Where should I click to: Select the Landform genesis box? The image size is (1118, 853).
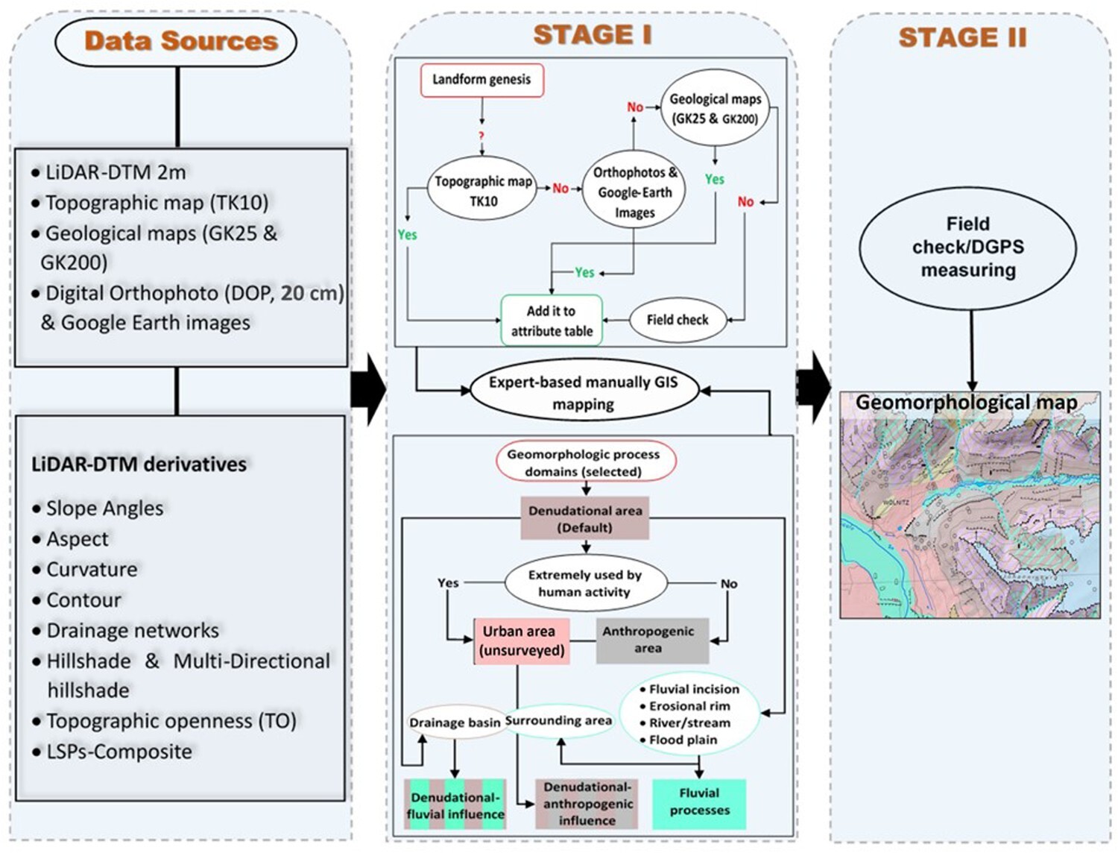click(481, 80)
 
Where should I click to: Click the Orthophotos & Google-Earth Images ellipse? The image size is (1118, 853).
click(634, 192)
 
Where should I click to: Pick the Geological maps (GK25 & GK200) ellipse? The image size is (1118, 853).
click(715, 109)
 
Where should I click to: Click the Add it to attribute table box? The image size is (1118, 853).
click(552, 321)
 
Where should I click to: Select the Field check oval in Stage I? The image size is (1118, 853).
click(677, 320)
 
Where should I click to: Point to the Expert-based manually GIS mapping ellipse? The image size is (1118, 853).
click(584, 392)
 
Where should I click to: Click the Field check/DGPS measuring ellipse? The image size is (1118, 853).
click(967, 248)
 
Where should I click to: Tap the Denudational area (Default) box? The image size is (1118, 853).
click(585, 519)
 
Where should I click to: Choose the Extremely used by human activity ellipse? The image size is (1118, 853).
click(585, 583)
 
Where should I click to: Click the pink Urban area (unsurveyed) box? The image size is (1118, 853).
click(522, 640)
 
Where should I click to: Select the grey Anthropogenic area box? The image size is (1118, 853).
click(648, 640)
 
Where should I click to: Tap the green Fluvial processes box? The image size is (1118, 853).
click(699, 802)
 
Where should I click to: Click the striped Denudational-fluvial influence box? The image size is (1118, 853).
click(455, 805)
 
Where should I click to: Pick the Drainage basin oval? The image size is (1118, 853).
click(455, 722)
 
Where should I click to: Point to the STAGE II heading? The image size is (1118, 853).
click(962, 37)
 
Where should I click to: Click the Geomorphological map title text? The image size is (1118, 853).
click(966, 403)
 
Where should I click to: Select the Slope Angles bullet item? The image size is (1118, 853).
click(104, 509)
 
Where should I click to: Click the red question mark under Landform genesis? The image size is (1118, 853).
click(481, 136)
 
